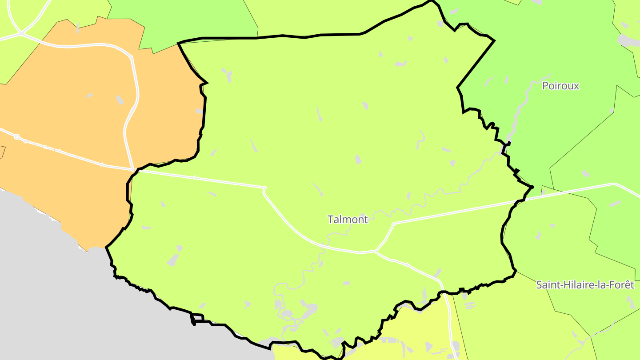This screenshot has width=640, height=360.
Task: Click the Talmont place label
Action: [x=348, y=219]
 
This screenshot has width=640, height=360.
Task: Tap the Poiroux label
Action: [x=560, y=86]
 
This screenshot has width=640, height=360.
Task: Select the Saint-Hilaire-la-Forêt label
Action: [x=584, y=285]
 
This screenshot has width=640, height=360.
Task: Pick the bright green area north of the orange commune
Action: [x=196, y=18]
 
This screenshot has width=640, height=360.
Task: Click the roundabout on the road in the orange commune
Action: [x=17, y=137]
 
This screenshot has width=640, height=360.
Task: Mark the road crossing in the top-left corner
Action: [x=21, y=33]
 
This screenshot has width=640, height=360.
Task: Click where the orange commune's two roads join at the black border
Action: [x=133, y=170]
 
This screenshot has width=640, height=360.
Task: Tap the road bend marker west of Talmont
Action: [x=265, y=188]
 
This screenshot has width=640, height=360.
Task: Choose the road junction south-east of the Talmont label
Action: [x=376, y=252]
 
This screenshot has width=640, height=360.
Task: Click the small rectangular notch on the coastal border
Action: [x=197, y=318]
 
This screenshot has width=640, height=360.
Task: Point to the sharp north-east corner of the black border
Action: [x=494, y=41]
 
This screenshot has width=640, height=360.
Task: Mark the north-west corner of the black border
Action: [x=178, y=43]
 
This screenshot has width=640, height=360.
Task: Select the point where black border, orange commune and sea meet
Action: [x=106, y=247]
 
